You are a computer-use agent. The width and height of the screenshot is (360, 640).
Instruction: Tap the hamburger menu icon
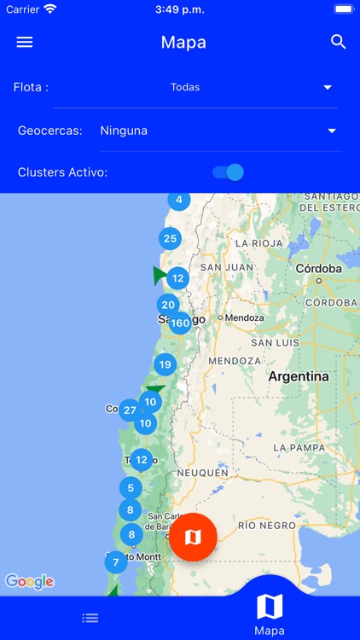tap(25, 42)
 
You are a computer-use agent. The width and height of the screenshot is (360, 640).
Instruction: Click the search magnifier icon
tap(339, 42)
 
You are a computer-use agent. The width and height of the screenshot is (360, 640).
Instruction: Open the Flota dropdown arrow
tap(328, 87)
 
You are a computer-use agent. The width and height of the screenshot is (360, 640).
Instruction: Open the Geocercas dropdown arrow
tap(332, 131)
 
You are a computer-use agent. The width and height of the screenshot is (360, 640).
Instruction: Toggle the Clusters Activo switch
tap(228, 172)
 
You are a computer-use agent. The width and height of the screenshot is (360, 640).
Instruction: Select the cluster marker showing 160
tap(180, 323)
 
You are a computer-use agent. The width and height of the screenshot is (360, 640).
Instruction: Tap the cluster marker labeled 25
tap(170, 239)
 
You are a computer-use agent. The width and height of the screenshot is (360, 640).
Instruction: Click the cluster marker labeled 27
tap(130, 410)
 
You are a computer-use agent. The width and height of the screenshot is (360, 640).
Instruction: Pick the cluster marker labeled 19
tap(165, 364)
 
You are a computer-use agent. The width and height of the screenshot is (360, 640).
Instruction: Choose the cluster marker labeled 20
tap(168, 305)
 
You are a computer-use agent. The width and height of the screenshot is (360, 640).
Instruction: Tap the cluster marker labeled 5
tap(131, 488)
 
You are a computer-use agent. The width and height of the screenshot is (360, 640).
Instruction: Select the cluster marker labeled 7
tap(116, 561)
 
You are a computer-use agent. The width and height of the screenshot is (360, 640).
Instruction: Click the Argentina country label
tap(298, 376)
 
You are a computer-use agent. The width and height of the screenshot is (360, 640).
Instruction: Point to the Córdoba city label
tap(317, 268)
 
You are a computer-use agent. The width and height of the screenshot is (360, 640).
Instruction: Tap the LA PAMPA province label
tap(299, 447)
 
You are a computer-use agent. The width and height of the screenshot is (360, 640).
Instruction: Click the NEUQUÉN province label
tap(202, 472)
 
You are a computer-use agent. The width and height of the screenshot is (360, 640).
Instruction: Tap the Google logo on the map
tap(30, 581)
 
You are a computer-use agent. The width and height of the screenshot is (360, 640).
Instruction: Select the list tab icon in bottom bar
tap(90, 618)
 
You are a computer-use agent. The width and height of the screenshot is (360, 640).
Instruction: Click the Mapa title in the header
tap(183, 42)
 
